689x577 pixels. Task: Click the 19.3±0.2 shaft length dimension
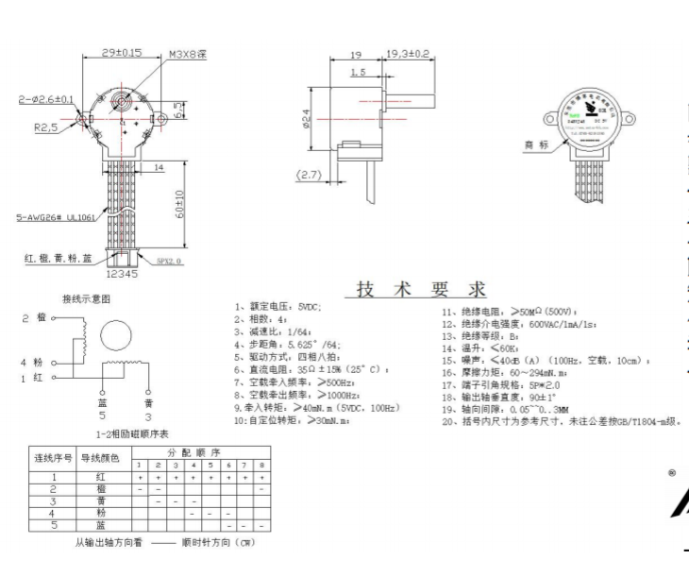point(409,54)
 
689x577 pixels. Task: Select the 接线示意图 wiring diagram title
point(87,297)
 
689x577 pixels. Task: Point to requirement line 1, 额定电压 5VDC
point(278,308)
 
